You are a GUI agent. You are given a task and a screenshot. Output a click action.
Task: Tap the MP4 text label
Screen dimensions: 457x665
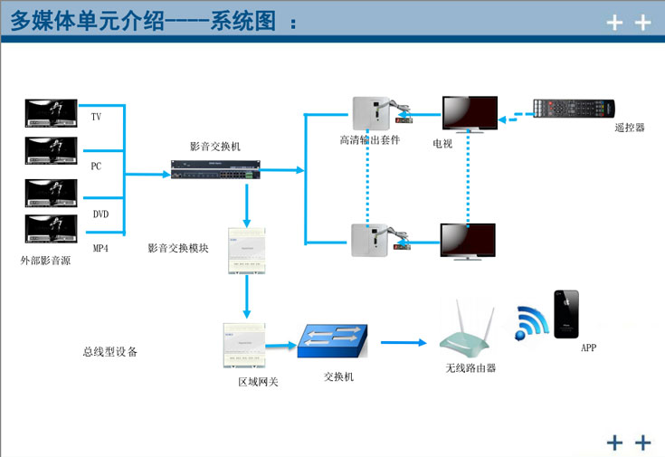point(100,248)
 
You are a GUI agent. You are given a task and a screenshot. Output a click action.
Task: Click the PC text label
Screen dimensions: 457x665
point(96,167)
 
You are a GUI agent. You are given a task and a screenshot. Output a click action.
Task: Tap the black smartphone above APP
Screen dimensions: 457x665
point(568,313)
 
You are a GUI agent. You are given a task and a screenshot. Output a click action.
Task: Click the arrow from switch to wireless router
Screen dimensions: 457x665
point(403,343)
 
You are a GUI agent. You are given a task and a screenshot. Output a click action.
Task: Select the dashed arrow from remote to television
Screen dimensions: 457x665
point(513,116)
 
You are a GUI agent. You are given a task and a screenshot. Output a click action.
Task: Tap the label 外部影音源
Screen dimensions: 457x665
point(45,260)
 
